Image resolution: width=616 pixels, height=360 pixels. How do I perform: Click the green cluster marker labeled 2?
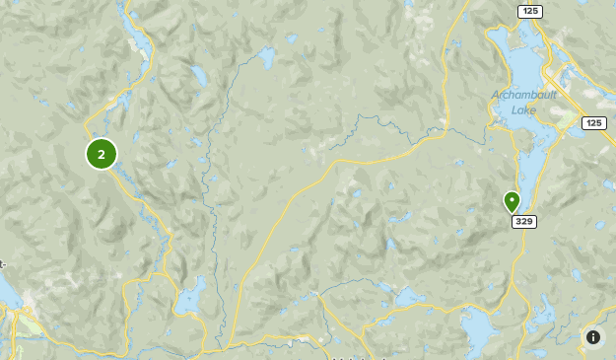click(x=102, y=154)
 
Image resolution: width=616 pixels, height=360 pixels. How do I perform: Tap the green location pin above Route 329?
click(x=512, y=202)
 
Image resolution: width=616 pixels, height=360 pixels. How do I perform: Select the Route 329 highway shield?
click(x=523, y=221)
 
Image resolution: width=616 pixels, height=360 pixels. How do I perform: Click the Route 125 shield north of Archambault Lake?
click(x=529, y=10)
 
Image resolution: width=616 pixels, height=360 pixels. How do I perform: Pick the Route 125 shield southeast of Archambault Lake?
click(x=593, y=122)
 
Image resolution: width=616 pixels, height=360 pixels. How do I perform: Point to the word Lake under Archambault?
click(x=523, y=109)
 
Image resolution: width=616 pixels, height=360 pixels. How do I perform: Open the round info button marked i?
click(x=593, y=337)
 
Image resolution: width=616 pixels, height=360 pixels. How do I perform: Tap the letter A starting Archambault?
click(x=496, y=96)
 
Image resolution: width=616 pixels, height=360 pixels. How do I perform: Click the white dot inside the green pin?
click(x=512, y=199)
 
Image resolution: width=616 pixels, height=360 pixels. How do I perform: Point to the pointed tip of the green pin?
click(x=512, y=214)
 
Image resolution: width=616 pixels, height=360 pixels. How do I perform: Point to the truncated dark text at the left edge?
click(x=3, y=263)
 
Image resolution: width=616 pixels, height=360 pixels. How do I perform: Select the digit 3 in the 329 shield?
click(x=518, y=221)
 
